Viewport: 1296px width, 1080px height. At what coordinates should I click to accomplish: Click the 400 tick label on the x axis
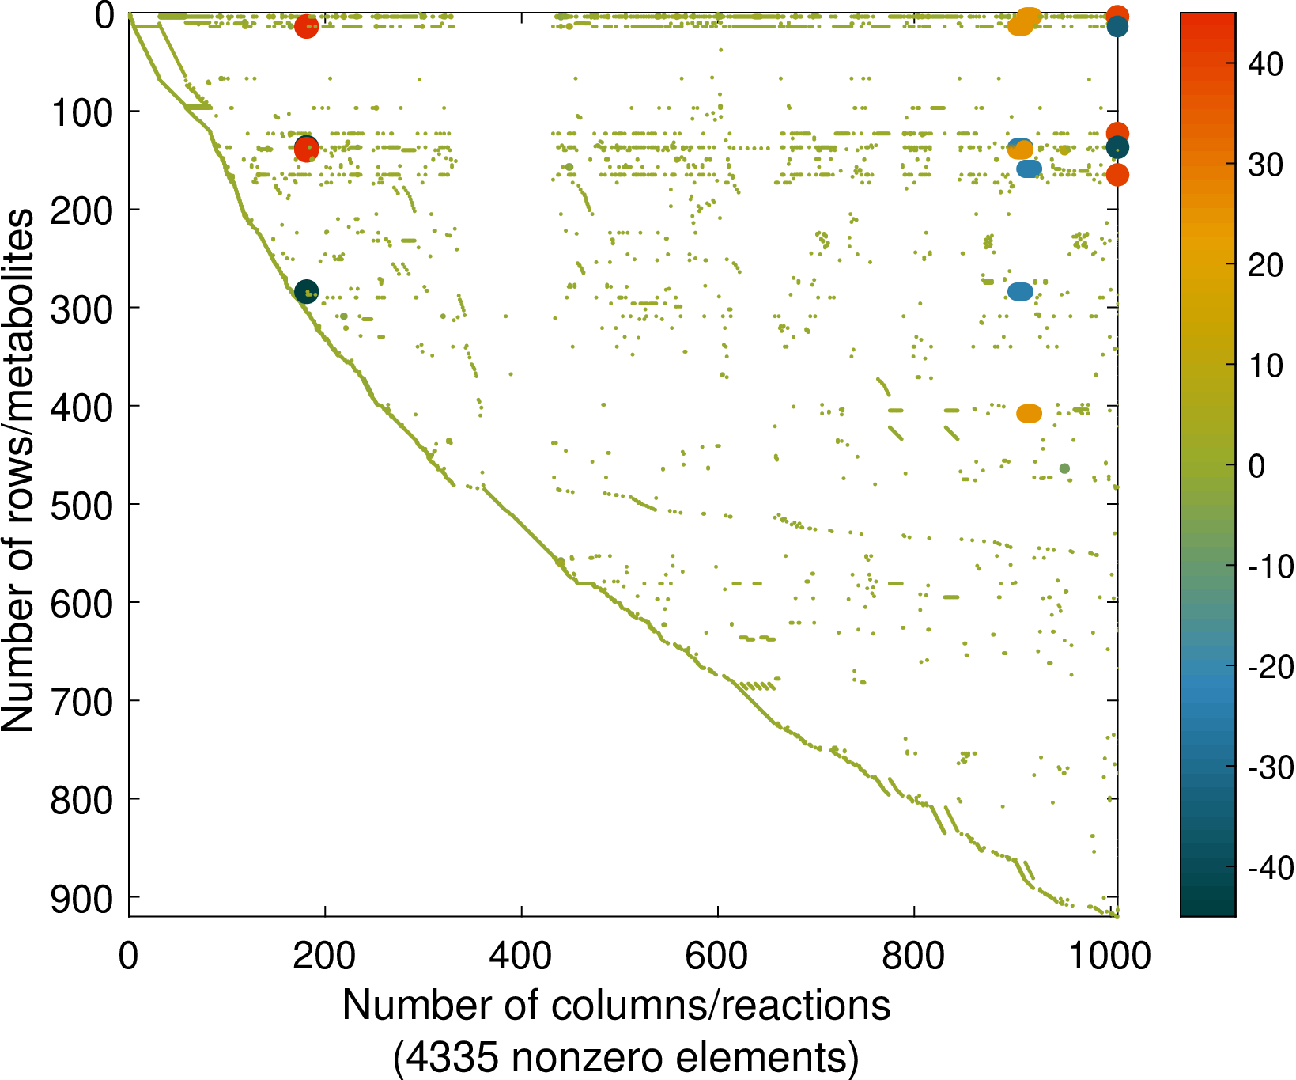point(520,956)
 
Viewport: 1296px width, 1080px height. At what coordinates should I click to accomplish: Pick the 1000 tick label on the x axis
point(1110,956)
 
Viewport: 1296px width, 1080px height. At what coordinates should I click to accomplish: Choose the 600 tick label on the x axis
point(716,956)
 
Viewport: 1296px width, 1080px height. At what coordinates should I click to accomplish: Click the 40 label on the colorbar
point(1265,64)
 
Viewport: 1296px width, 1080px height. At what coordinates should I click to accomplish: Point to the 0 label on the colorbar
point(1256,466)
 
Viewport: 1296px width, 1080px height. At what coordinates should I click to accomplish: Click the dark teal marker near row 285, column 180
point(306,291)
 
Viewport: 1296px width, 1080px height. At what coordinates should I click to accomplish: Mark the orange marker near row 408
point(1029,413)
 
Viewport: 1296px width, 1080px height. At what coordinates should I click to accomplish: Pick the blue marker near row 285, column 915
point(1020,292)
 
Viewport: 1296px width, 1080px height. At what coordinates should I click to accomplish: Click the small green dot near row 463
point(1064,468)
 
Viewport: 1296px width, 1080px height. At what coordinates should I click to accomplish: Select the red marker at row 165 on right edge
point(1117,175)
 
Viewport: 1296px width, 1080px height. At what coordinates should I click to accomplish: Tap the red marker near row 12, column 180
point(306,27)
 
